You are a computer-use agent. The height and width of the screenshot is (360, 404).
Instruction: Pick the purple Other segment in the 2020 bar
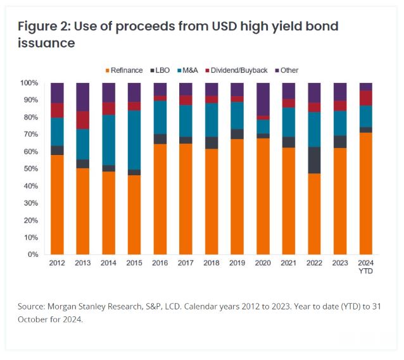[x=262, y=99]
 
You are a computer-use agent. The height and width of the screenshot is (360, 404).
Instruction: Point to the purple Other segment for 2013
[x=83, y=97]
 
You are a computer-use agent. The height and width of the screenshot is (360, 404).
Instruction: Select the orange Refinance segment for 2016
[x=160, y=199]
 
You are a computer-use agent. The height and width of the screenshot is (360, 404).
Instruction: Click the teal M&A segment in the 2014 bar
[x=108, y=140]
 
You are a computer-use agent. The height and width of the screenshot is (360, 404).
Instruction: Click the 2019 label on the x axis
[x=237, y=263]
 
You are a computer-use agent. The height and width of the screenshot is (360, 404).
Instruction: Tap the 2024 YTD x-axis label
[x=365, y=267]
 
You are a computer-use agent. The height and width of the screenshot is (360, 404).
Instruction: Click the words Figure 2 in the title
[x=46, y=27]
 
